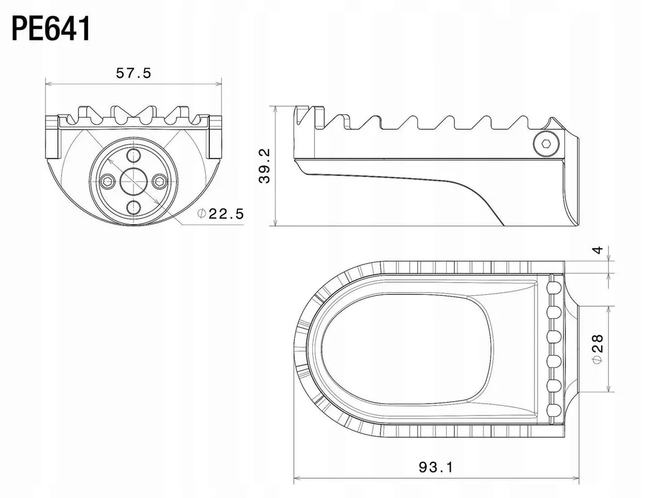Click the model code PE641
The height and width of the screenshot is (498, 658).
51,29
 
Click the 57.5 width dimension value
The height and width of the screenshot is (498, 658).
133,73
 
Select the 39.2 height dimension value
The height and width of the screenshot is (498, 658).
265,166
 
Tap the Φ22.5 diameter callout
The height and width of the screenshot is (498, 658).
221,213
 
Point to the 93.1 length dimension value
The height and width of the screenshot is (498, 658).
436,467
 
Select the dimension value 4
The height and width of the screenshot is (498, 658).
598,250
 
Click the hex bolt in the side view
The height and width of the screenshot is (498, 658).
546,144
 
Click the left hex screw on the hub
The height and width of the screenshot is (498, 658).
108,181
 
